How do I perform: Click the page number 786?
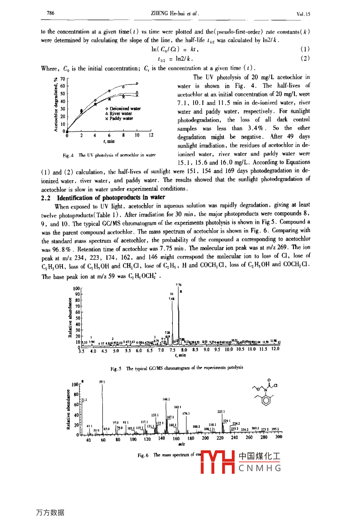point(51,13)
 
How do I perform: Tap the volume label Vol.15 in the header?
point(303,14)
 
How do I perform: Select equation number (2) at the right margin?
point(305,58)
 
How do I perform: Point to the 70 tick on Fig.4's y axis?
point(63,79)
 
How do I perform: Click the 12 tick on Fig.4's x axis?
point(151,135)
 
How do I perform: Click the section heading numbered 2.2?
point(103,197)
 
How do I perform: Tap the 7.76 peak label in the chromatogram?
point(179,285)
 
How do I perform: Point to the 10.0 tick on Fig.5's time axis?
point(229,349)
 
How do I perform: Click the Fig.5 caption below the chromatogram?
point(177,368)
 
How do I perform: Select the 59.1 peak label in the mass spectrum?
point(102,382)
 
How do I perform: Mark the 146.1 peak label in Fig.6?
point(166,399)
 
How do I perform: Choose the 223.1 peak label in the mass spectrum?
point(221,411)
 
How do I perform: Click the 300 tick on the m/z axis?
point(278,437)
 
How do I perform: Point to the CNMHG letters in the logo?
point(260,468)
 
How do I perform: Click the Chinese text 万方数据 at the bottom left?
point(50,513)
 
